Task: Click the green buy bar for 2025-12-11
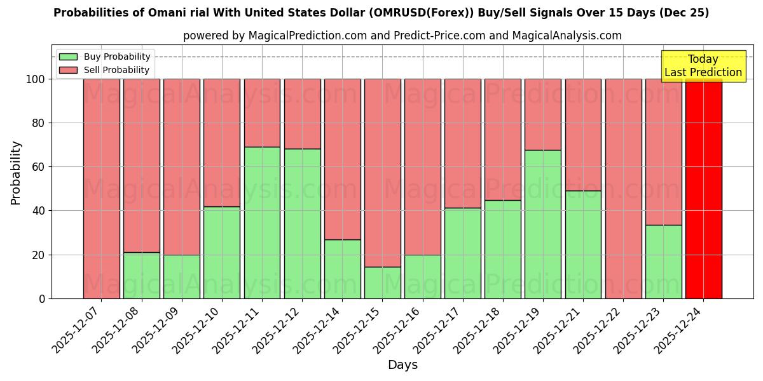(262, 222)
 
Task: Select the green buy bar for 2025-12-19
(543, 224)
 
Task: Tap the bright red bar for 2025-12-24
(704, 189)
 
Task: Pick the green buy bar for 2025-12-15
(382, 283)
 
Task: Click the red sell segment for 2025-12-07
(102, 189)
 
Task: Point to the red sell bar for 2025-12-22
(623, 189)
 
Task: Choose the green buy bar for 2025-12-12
(302, 224)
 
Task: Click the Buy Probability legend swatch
(68, 57)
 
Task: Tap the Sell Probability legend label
(116, 70)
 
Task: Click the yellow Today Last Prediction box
(703, 66)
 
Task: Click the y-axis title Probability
(17, 173)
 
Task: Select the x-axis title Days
(402, 365)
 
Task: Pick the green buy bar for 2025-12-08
(142, 275)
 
